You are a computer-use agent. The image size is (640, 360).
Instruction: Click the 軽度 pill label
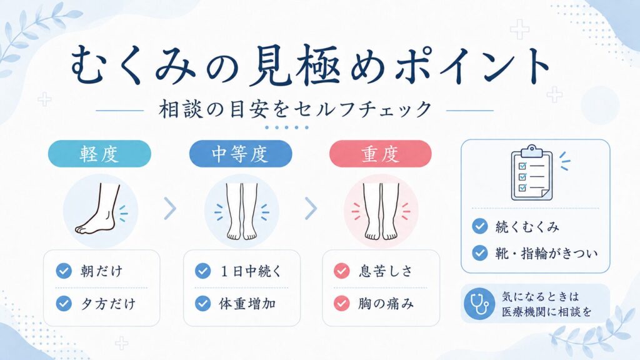[99, 154]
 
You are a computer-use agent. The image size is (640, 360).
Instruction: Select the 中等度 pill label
[241, 154]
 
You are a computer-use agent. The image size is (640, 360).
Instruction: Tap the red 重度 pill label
[381, 154]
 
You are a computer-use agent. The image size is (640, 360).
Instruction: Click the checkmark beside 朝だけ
[64, 271]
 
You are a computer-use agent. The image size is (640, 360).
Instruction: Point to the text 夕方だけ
[107, 304]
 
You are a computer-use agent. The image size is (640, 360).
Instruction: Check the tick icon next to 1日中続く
[203, 271]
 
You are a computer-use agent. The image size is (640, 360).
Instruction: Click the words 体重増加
[247, 304]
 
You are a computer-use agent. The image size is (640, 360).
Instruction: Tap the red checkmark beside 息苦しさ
[342, 271]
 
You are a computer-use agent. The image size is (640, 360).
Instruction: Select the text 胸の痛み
[386, 304]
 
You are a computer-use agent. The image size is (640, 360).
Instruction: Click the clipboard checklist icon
[532, 172]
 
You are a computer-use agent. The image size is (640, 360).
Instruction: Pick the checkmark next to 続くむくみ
[480, 226]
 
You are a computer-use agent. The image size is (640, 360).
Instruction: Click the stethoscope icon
[479, 304]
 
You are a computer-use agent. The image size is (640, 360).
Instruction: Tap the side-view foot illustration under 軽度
[98, 209]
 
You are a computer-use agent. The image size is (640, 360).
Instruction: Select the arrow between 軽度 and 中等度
[170, 208]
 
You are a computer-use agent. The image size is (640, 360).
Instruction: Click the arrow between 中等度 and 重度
[311, 208]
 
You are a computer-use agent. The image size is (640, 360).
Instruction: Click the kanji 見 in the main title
[271, 66]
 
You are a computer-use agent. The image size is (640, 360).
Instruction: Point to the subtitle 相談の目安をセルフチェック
[295, 109]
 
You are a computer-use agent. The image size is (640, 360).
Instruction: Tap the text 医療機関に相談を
[546, 312]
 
